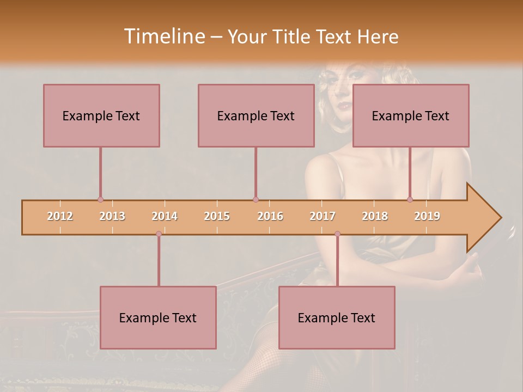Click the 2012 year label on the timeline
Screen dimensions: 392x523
pyautogui.click(x=60, y=216)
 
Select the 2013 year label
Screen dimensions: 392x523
pyautogui.click(x=112, y=216)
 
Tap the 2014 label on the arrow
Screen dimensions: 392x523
pyautogui.click(x=165, y=216)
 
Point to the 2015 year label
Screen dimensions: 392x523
pyautogui.click(x=217, y=216)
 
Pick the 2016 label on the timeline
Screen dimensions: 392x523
pyautogui.click(x=270, y=216)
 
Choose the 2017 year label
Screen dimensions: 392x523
pyautogui.click(x=323, y=216)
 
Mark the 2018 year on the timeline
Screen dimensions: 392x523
pyautogui.click(x=375, y=216)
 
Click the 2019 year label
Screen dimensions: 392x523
pyautogui.click(x=427, y=216)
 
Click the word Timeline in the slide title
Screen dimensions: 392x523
pyautogui.click(x=163, y=36)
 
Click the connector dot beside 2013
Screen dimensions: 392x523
pyautogui.click(x=100, y=200)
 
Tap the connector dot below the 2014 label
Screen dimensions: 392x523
pyautogui.click(x=159, y=234)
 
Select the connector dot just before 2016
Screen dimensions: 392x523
pyautogui.click(x=256, y=200)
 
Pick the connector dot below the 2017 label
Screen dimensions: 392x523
pyautogui.click(x=337, y=234)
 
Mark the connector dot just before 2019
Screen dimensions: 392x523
pyautogui.click(x=410, y=200)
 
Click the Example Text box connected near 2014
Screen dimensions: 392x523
pyautogui.click(x=158, y=317)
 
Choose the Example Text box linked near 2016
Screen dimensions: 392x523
pyautogui.click(x=256, y=115)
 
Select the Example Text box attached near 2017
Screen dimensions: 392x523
pyautogui.click(x=337, y=317)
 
